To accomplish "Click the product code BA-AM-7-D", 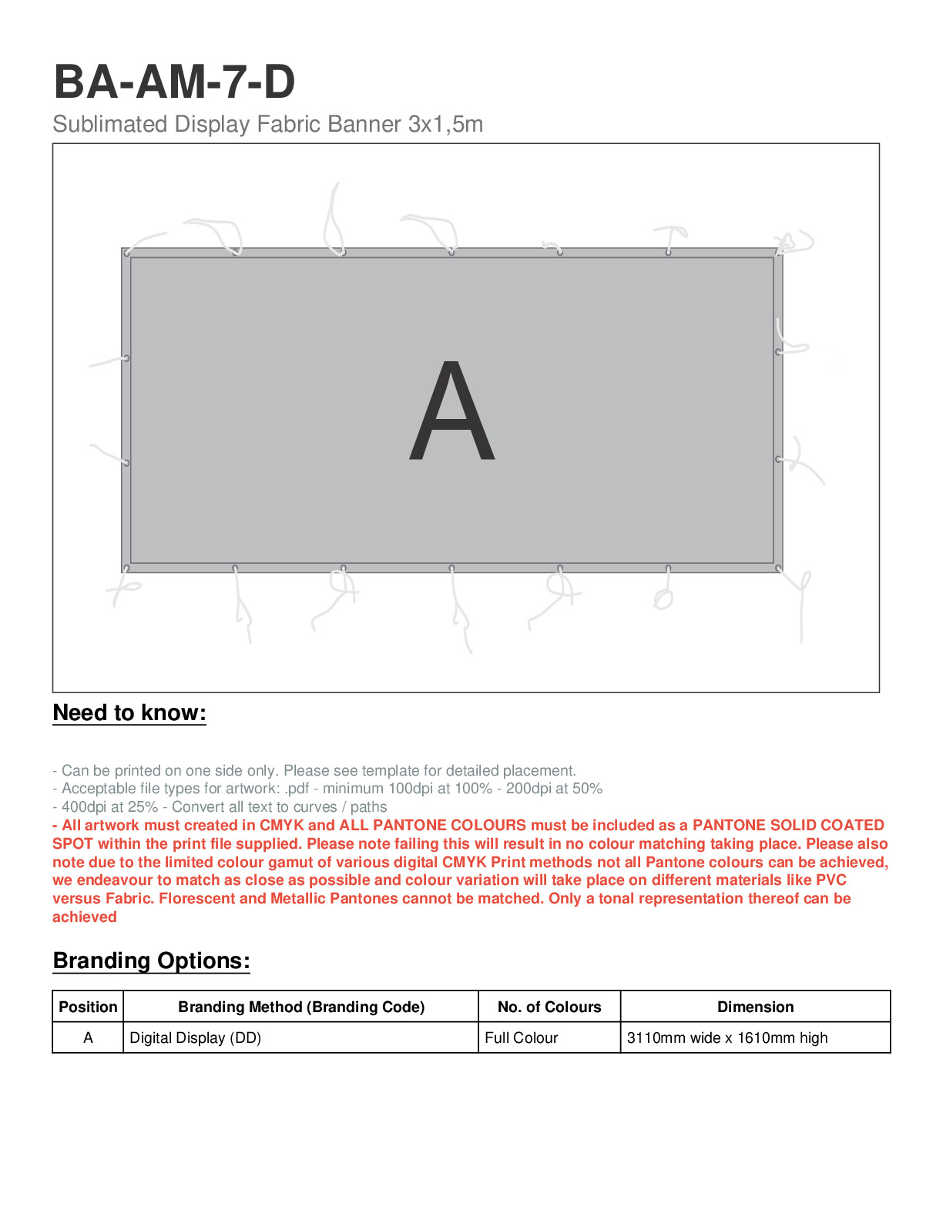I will [174, 82].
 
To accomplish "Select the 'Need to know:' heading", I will [129, 712].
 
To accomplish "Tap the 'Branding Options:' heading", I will [151, 960].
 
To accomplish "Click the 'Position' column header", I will [88, 1007].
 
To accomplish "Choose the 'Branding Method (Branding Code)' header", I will [301, 1007].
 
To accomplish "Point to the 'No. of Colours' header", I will [549, 1007].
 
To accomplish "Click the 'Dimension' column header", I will [755, 1007].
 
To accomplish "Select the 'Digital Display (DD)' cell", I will [196, 1037].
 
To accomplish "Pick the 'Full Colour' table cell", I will [522, 1037].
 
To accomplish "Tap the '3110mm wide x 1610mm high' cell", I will [727, 1037].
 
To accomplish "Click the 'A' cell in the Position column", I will [88, 1037].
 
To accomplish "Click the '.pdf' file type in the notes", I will [297, 788].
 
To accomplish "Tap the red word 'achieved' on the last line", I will [85, 917].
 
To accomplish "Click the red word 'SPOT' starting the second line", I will [72, 843].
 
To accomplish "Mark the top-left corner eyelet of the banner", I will [126, 252].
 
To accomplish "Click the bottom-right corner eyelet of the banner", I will [779, 568].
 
